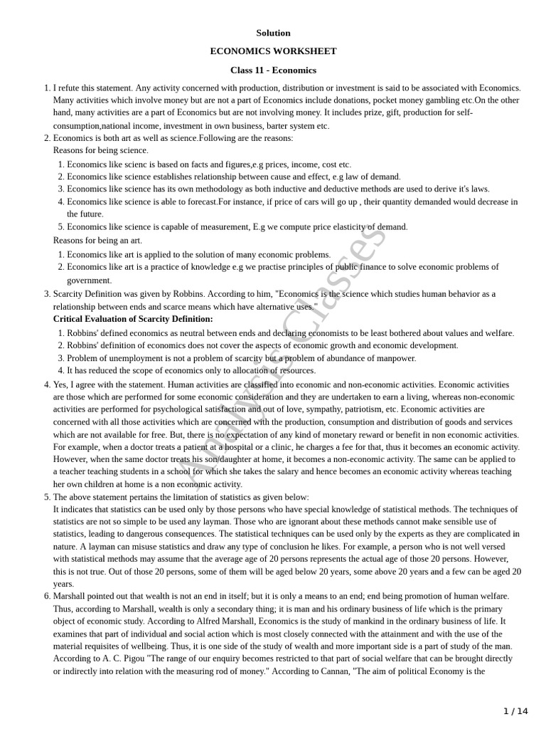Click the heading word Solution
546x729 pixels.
click(273, 33)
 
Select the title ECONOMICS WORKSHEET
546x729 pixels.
click(273, 51)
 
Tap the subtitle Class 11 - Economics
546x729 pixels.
click(273, 70)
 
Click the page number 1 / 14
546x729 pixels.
click(515, 710)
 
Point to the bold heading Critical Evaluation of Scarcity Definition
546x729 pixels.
click(133, 319)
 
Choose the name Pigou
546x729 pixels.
click(121, 659)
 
